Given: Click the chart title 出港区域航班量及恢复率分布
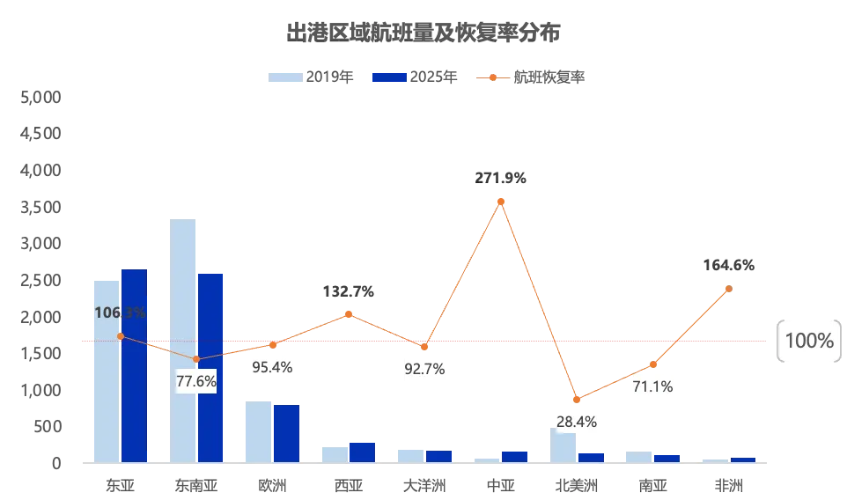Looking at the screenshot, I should [423, 33].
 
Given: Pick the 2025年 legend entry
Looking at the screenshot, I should [415, 77].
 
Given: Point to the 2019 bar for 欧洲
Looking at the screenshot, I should [258, 431].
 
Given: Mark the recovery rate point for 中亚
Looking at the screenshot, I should [501, 202].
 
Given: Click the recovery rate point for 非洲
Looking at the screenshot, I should [729, 289].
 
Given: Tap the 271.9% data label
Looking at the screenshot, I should [501, 178].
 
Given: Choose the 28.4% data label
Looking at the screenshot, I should [577, 422].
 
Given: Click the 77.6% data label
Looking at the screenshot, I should [196, 381].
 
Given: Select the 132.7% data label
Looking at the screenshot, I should [349, 291].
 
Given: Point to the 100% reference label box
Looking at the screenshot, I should [808, 342].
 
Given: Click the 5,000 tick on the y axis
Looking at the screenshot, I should [40, 97].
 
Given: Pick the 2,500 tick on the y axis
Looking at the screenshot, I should [40, 280].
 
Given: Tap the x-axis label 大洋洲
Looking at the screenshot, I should [424, 485].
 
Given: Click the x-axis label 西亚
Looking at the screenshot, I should [348, 485].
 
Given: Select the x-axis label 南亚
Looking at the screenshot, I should [652, 485].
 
